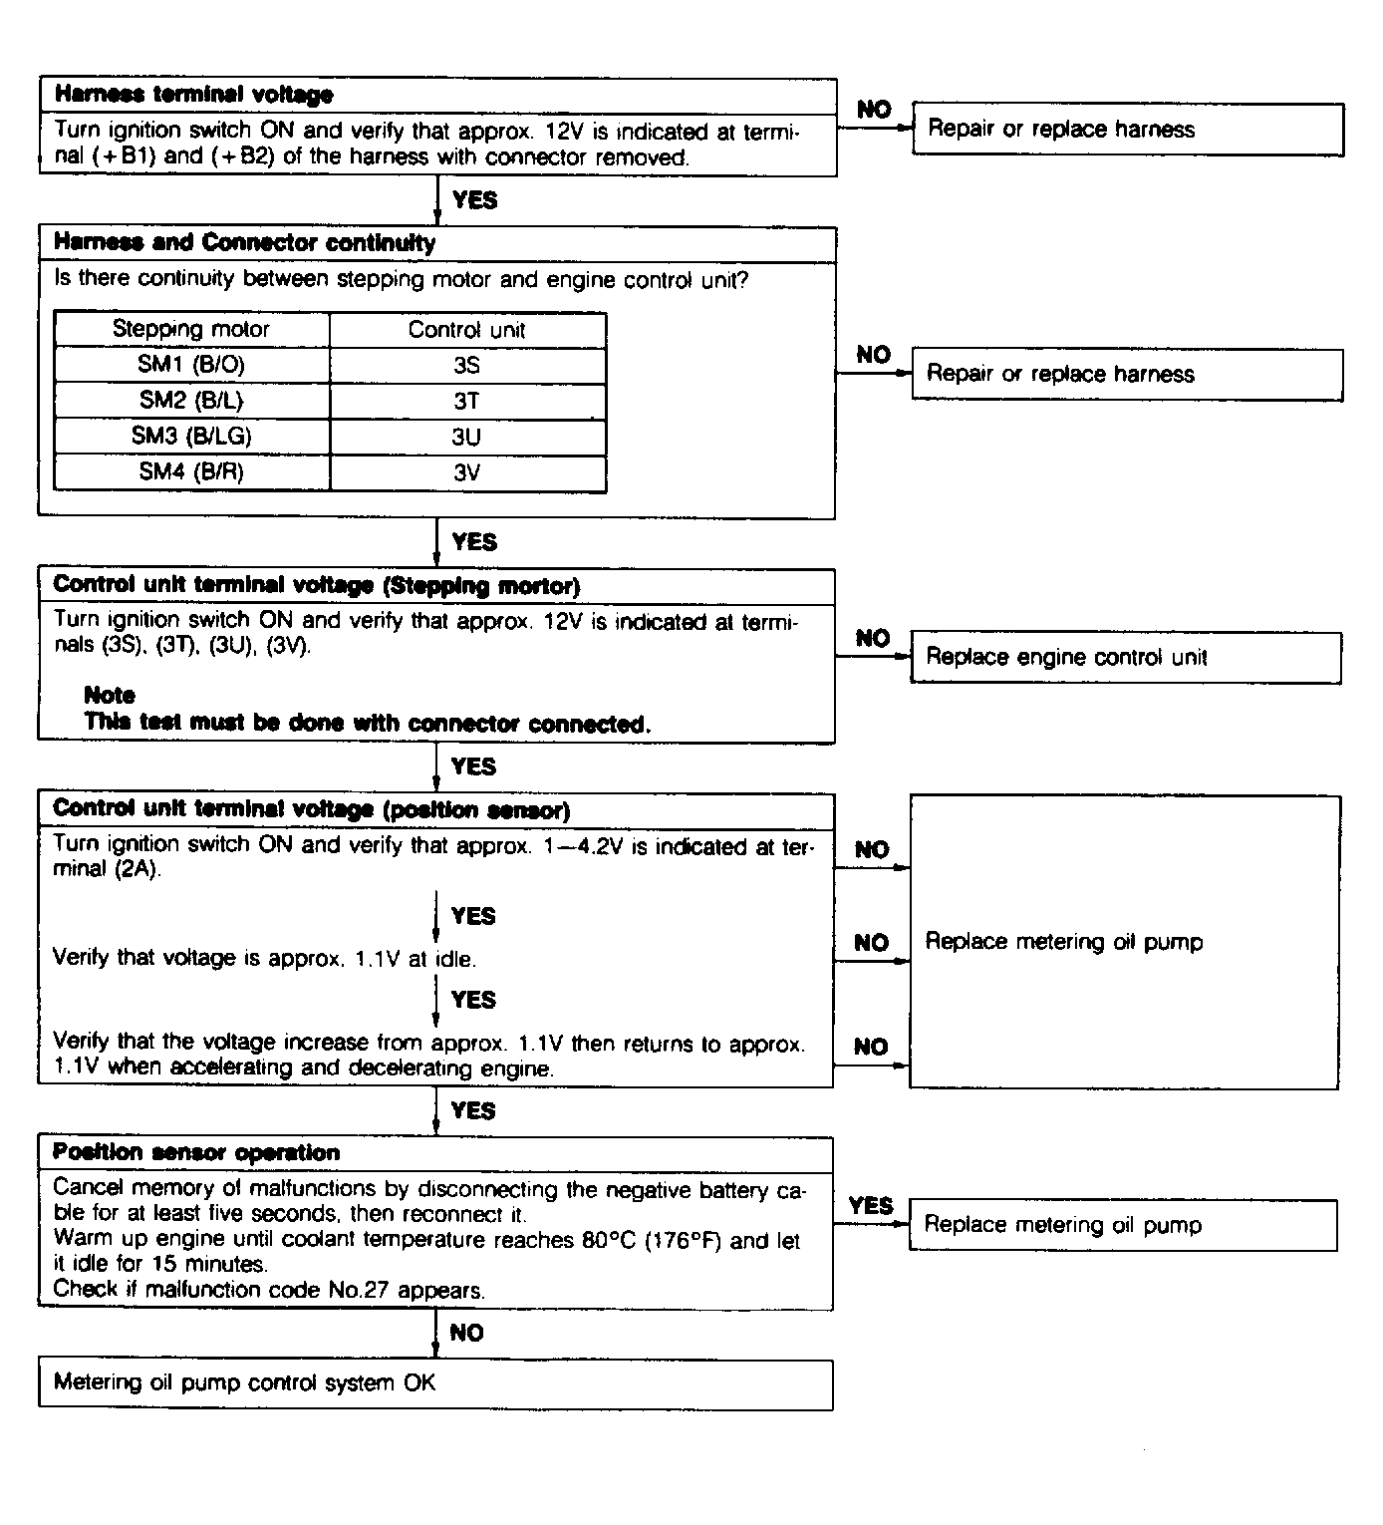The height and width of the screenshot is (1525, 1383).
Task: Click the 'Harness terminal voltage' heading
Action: tap(193, 95)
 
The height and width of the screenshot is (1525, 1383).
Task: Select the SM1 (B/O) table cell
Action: tap(191, 365)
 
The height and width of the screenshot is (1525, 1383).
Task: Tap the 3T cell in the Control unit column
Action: tap(466, 401)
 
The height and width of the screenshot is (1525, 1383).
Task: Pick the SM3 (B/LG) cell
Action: tap(191, 437)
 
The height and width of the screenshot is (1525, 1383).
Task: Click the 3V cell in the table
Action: tap(466, 472)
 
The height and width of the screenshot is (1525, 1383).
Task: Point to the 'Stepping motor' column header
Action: tap(191, 330)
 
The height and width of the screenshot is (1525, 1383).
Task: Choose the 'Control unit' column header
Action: tap(466, 330)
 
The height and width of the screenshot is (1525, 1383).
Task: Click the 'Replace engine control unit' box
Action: tap(1125, 658)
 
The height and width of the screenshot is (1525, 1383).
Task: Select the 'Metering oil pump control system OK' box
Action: tap(434, 1383)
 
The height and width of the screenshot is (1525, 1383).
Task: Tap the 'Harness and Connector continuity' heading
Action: tap(244, 243)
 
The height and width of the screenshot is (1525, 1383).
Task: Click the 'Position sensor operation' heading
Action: tap(196, 1153)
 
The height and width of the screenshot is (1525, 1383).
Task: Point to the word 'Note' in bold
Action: tap(110, 695)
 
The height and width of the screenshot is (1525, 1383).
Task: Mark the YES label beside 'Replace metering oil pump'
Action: tap(871, 1206)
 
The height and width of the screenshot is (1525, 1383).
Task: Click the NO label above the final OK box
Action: tap(466, 1334)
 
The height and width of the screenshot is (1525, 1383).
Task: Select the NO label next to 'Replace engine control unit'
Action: tap(873, 639)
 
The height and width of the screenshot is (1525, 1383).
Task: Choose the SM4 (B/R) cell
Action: tap(191, 472)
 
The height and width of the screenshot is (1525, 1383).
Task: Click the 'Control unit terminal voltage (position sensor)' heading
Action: tap(311, 809)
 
